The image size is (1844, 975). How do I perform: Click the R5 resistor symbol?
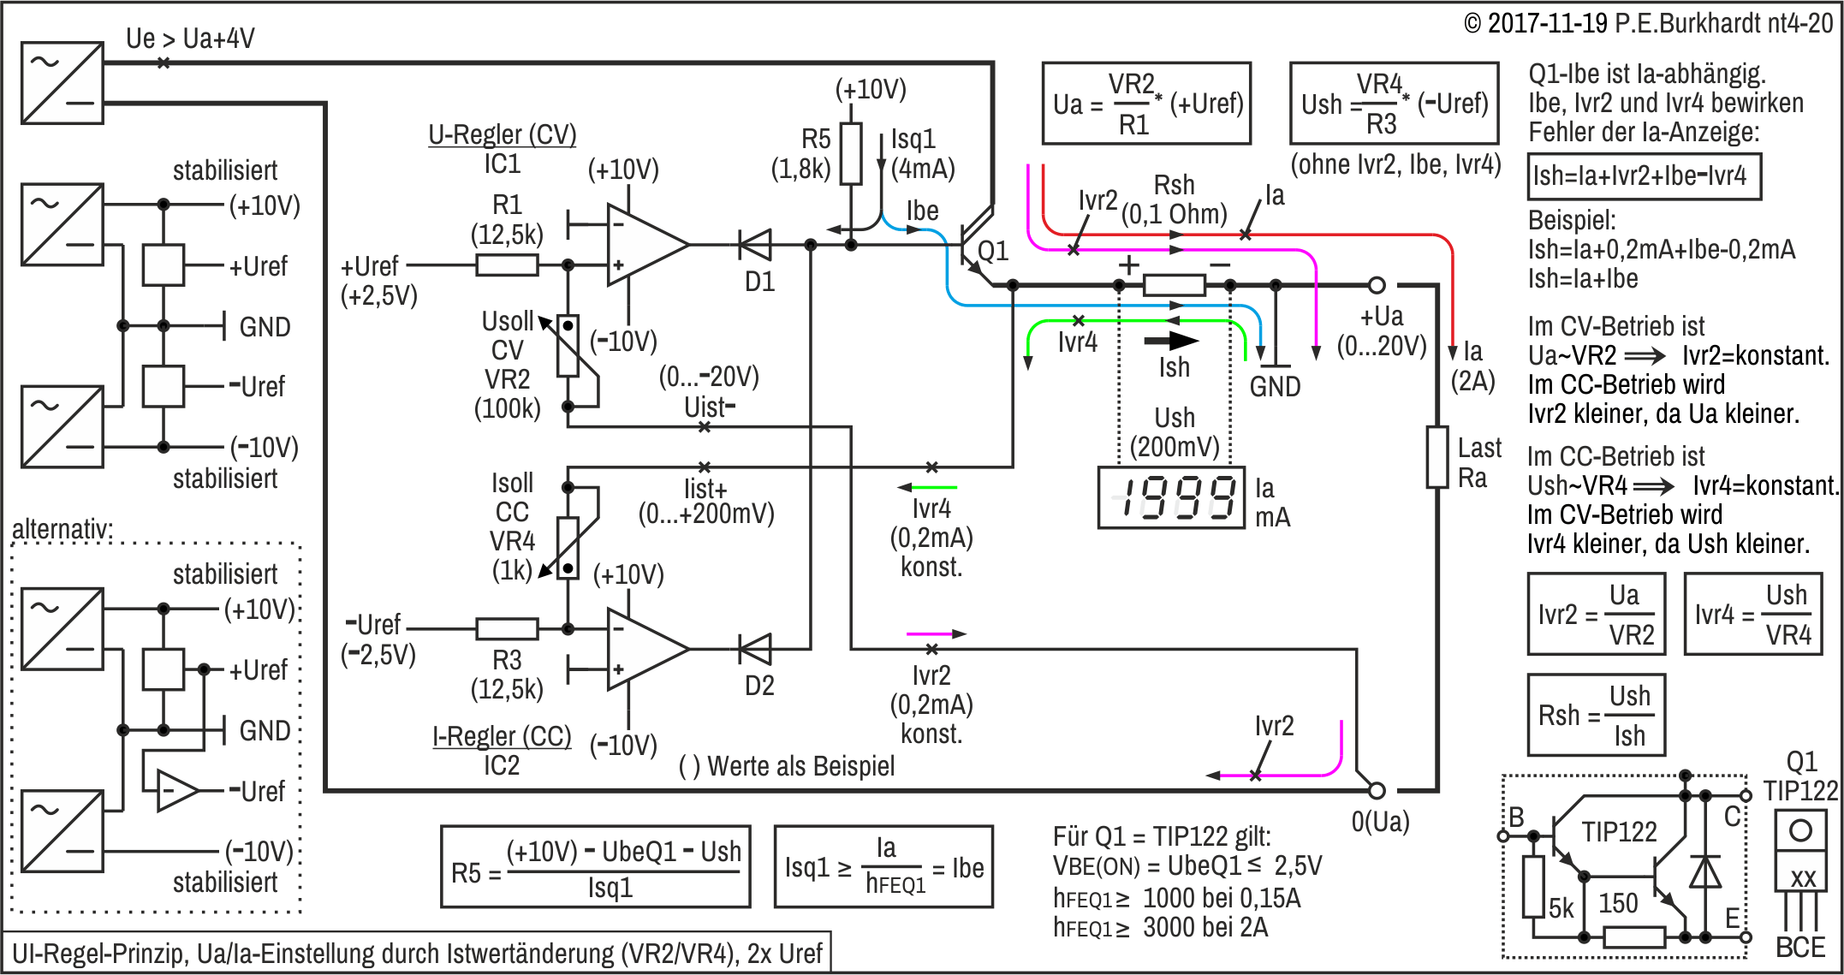tap(850, 154)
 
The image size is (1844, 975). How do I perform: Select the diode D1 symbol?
tap(755, 245)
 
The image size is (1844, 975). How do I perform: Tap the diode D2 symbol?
tap(755, 650)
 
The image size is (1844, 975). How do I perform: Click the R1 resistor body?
tap(507, 265)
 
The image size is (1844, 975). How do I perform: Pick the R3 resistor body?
tap(507, 629)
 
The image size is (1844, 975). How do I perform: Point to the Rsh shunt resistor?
tap(1175, 285)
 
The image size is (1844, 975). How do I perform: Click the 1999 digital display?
tap(1171, 497)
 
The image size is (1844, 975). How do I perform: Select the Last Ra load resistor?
tap(1437, 457)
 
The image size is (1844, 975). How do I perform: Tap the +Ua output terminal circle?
tap(1377, 285)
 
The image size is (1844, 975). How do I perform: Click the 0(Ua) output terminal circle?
tap(1377, 790)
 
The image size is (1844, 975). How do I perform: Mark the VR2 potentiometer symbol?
tap(568, 346)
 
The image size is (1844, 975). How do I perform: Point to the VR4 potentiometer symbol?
tap(568, 548)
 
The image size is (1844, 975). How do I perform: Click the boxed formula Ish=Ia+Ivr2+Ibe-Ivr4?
tap(1644, 176)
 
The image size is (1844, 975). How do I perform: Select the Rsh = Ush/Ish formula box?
tap(1597, 715)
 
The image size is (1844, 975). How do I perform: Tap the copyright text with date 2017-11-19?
tap(1648, 23)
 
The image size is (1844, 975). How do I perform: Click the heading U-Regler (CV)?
tap(503, 134)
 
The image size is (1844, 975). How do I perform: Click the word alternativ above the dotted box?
tap(62, 528)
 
